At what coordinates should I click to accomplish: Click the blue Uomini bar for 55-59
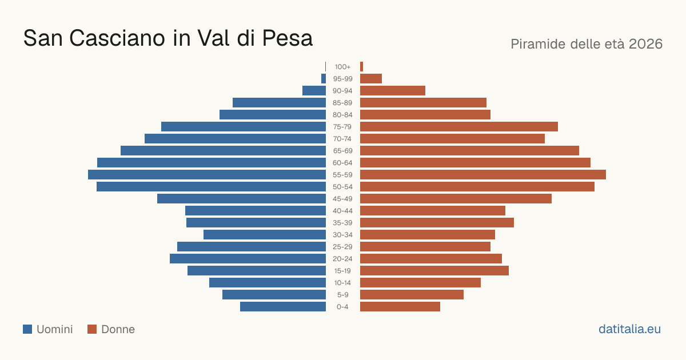[207, 174]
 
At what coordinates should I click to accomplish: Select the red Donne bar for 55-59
[483, 174]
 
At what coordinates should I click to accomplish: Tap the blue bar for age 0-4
[283, 306]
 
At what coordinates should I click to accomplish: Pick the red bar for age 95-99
[371, 79]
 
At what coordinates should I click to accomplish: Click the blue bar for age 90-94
[314, 91]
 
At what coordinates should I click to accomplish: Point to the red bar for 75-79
[459, 126]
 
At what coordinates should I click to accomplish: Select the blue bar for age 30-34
[265, 234]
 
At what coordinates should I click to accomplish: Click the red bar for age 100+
[362, 67]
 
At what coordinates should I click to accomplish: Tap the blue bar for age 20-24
[248, 259]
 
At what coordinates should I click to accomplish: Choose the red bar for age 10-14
[421, 282]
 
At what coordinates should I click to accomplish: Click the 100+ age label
[342, 67]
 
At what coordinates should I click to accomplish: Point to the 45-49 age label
[342, 199]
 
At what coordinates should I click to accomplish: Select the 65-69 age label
[342, 151]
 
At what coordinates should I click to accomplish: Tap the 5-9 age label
[342, 294]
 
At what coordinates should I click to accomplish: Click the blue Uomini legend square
[27, 329]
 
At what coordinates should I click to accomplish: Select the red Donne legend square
[92, 329]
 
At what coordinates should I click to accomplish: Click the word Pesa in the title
[287, 38]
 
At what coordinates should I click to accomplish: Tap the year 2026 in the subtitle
[645, 44]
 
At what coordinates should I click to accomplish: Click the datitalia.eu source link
[629, 329]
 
